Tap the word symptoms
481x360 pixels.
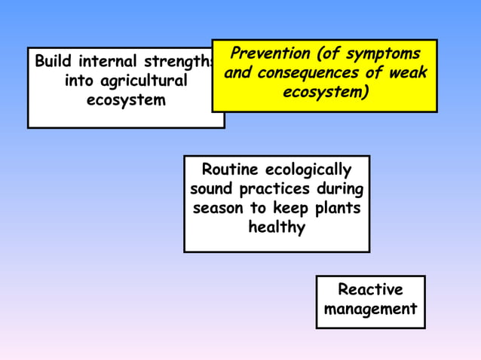[378, 54]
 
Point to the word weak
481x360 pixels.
[407, 73]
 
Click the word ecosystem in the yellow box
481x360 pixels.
[323, 92]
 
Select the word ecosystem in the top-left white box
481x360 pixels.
[126, 100]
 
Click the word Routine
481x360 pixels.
[231, 169]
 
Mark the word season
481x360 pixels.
[219, 208]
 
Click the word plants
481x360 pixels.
[336, 209]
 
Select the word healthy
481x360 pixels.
[277, 227]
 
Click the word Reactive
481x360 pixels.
[370, 290]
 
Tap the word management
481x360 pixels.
[370, 310]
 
